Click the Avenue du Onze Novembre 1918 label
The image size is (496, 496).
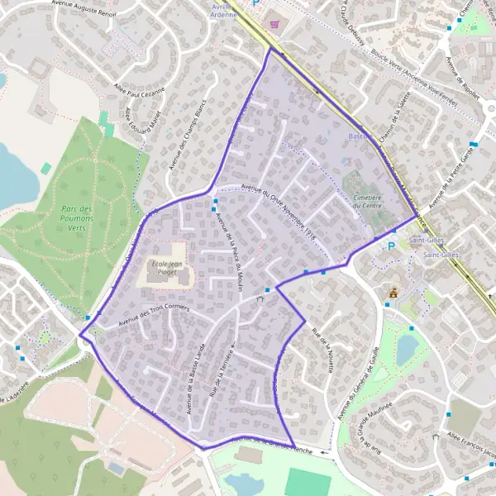(279, 208)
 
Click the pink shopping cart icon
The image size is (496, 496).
(274, 26)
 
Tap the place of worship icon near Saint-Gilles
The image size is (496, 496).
(393, 292)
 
